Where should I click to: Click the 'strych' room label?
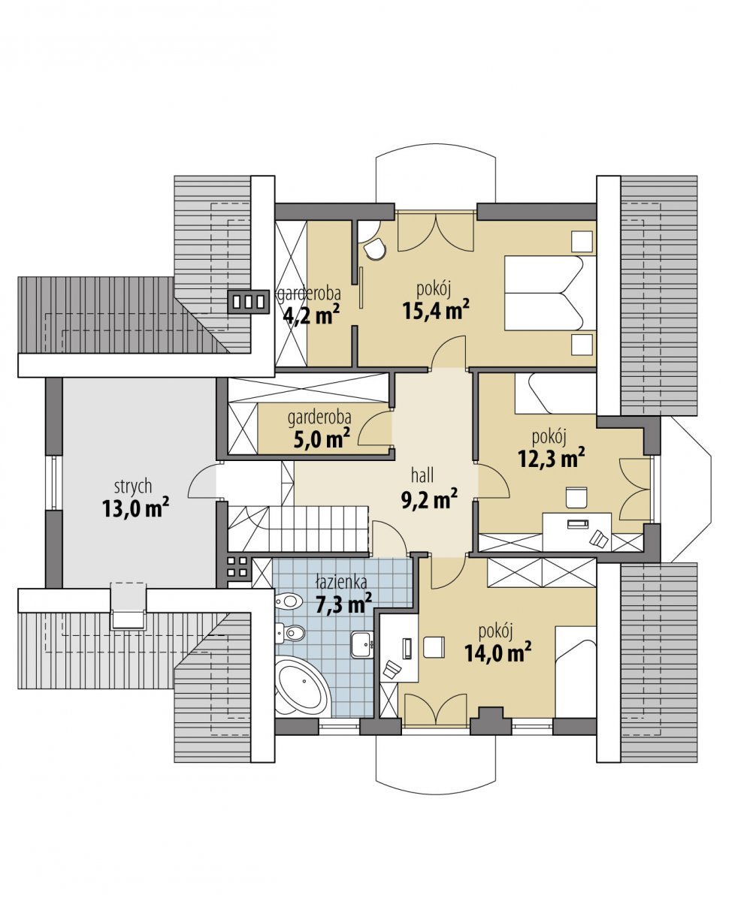[x=133, y=487]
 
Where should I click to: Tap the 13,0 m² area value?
[x=135, y=508]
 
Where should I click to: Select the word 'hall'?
[x=422, y=475]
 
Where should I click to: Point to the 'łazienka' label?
[x=341, y=582]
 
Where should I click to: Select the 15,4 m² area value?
[x=436, y=310]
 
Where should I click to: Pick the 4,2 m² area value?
[x=311, y=315]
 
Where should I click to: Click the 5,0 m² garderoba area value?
[x=322, y=439]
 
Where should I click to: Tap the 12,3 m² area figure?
[x=552, y=458]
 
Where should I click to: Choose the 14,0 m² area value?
[x=497, y=652]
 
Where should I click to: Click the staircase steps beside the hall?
[x=298, y=529]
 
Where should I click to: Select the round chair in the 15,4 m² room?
[x=375, y=249]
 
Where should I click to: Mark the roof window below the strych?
[x=128, y=606]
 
